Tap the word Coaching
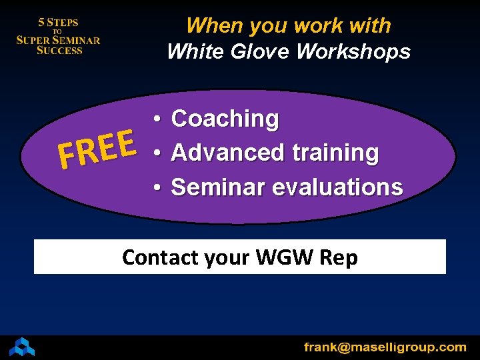225,119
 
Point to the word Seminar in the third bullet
213,187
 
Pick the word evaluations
338,187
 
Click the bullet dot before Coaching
155,119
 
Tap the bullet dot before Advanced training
155,153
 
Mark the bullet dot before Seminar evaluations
155,188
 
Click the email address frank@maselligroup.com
385,347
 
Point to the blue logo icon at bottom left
21,347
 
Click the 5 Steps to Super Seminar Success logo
58,36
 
